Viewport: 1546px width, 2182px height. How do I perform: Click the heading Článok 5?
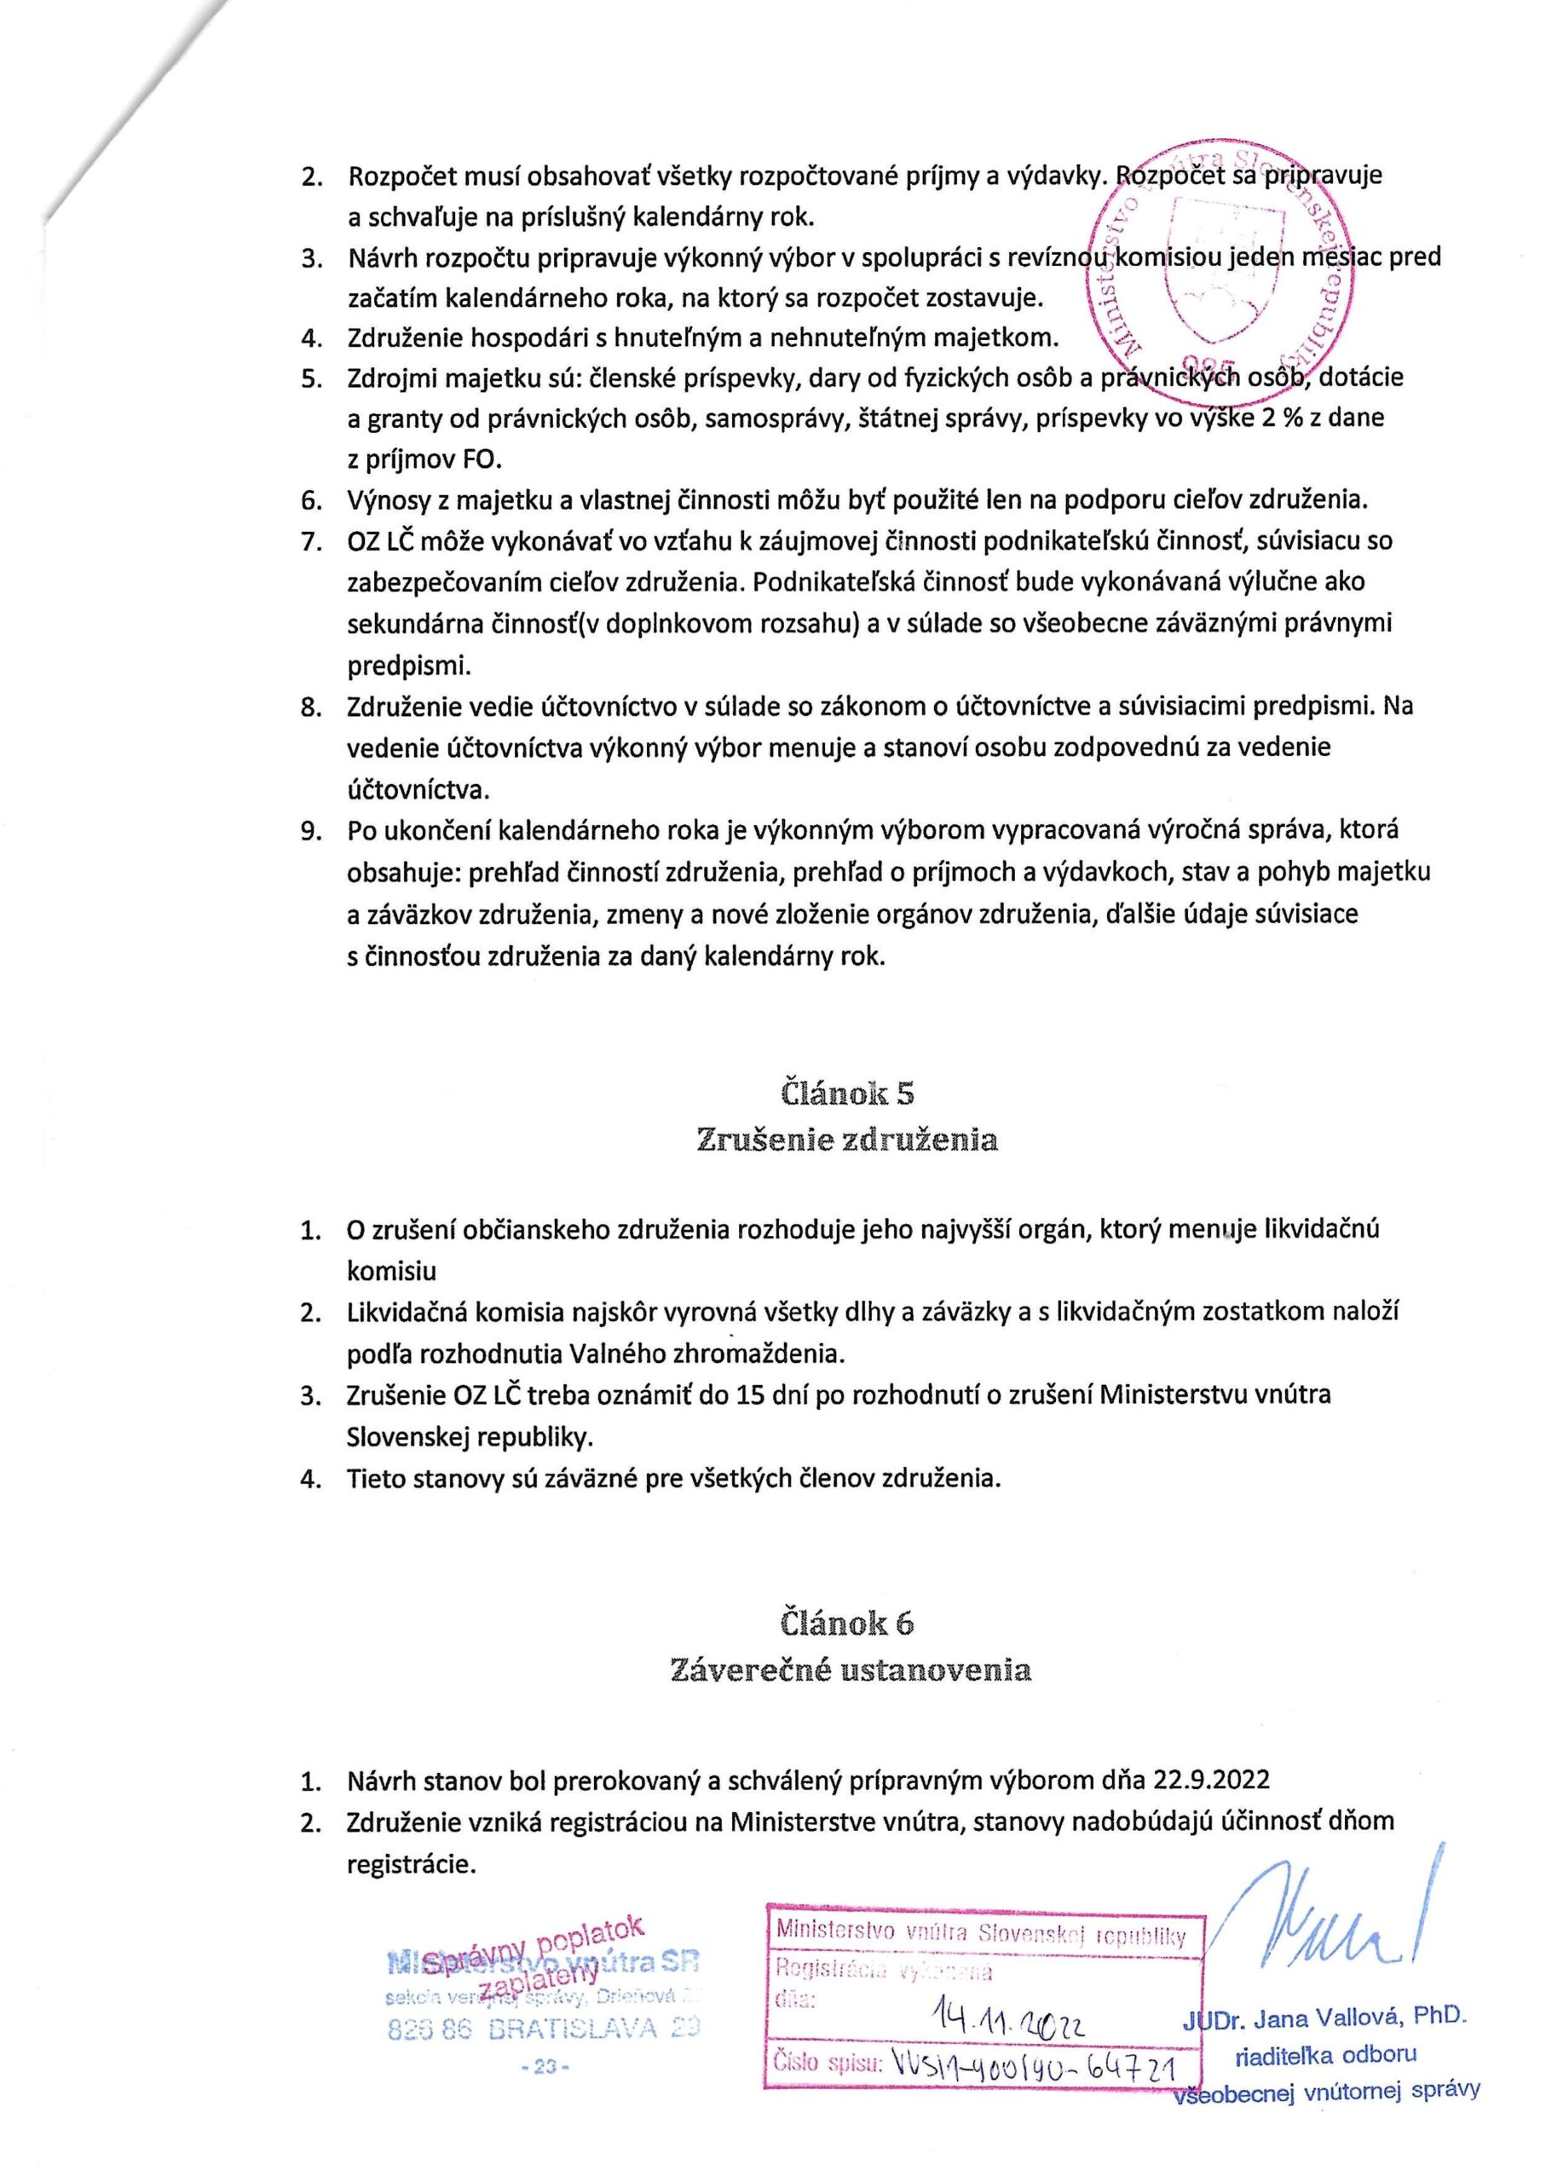[x=847, y=1093]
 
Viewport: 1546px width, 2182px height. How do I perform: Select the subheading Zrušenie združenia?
[x=847, y=1140]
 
